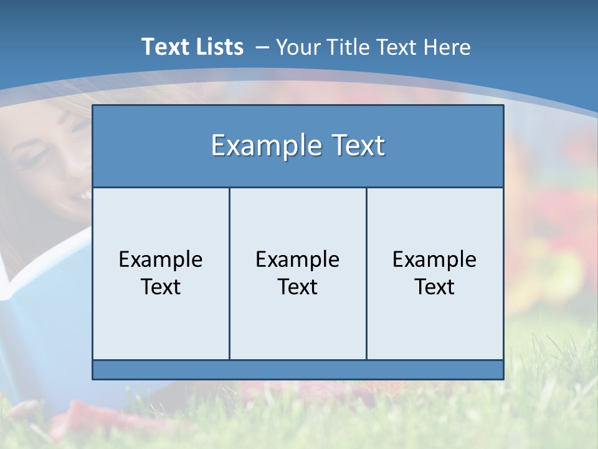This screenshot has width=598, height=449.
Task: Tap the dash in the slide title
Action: pos(262,47)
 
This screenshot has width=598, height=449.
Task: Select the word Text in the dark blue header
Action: pos(358,146)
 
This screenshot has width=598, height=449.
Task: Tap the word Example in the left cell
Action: pos(161,259)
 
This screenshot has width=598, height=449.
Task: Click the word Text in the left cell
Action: pos(161,287)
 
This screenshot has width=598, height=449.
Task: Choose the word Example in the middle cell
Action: pos(298,259)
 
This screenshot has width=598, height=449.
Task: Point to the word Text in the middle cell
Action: pos(298,287)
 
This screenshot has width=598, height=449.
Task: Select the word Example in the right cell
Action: pos(435,259)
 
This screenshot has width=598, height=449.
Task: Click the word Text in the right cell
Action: pos(435,287)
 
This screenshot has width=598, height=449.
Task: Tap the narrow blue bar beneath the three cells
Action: pos(298,370)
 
